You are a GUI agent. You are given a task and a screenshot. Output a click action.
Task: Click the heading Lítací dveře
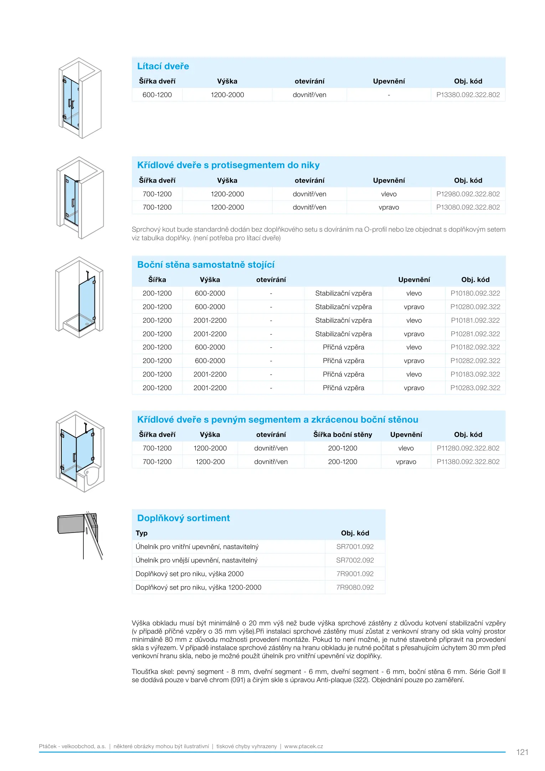coord(163,66)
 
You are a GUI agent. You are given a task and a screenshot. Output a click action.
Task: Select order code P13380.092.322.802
coord(468,95)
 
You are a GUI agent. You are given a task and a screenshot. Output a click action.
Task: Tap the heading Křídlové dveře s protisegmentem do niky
coord(228,165)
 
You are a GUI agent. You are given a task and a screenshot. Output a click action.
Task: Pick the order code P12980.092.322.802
coord(468,194)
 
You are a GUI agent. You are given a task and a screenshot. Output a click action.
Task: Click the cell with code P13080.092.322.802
coord(468,207)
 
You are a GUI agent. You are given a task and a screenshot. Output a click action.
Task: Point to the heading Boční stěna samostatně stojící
coord(206,265)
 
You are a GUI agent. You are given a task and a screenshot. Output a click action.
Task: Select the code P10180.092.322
coord(475,293)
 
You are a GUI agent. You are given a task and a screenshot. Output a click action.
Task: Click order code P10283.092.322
coord(475,388)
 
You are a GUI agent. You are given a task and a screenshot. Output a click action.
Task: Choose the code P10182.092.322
coord(475,347)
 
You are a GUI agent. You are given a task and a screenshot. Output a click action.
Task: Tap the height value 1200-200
coord(210,462)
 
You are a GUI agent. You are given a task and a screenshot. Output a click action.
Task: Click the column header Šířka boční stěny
coord(343,435)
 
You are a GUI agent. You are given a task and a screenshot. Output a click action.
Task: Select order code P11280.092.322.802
coord(468,448)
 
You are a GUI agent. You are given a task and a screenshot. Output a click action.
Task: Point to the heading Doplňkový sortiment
coord(183,518)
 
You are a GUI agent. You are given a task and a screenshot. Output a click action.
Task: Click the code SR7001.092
coord(355,547)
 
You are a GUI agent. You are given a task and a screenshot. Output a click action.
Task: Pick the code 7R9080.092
coord(355,588)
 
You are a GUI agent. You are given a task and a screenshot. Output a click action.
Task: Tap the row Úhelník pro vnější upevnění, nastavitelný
coord(196,560)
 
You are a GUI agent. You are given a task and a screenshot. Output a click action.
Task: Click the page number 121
coord(522,752)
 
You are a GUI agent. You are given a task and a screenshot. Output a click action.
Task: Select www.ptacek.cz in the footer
coord(303,746)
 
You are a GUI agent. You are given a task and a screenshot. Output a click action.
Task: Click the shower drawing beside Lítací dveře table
coord(80,98)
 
